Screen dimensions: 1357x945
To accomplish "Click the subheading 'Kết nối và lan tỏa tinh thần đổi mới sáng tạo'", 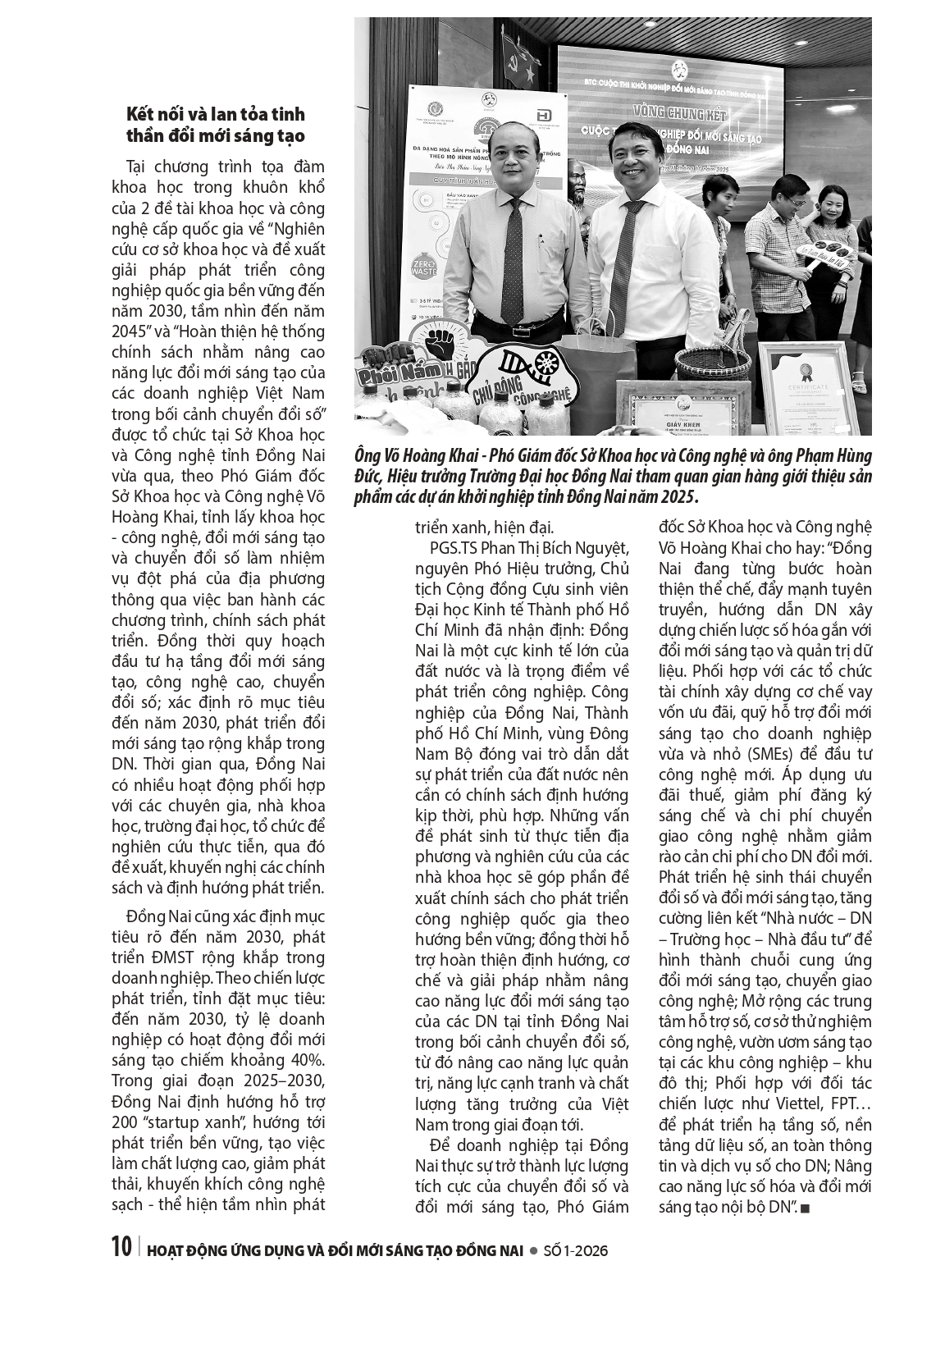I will pyautogui.click(x=215, y=125).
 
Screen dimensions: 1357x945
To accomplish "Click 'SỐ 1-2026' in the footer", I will pyautogui.click(x=575, y=1250).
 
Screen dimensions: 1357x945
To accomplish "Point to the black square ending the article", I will pyautogui.click(x=806, y=1209).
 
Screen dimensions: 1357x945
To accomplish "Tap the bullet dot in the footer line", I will pyautogui.click(x=533, y=1250).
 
